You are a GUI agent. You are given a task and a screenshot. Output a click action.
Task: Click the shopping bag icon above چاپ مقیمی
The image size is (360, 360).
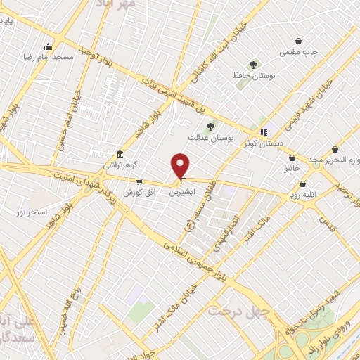[x=300, y=41]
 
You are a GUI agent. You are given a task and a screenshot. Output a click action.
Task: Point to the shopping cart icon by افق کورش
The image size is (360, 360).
[x=149, y=181]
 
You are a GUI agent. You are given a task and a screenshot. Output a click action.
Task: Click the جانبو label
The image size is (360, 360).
[x=292, y=169]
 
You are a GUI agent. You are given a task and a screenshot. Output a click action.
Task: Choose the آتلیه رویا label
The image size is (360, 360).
[x=313, y=195]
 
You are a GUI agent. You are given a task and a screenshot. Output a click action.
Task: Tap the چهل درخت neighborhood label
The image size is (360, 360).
[x=230, y=310]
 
